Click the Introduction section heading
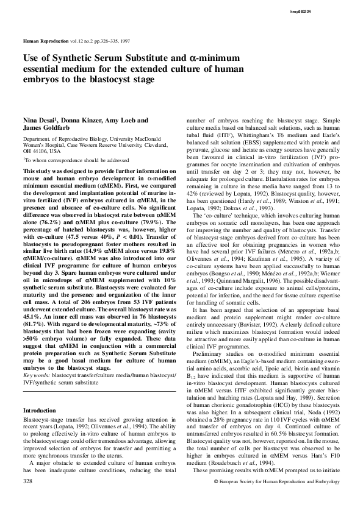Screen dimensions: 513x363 point(39,377)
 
